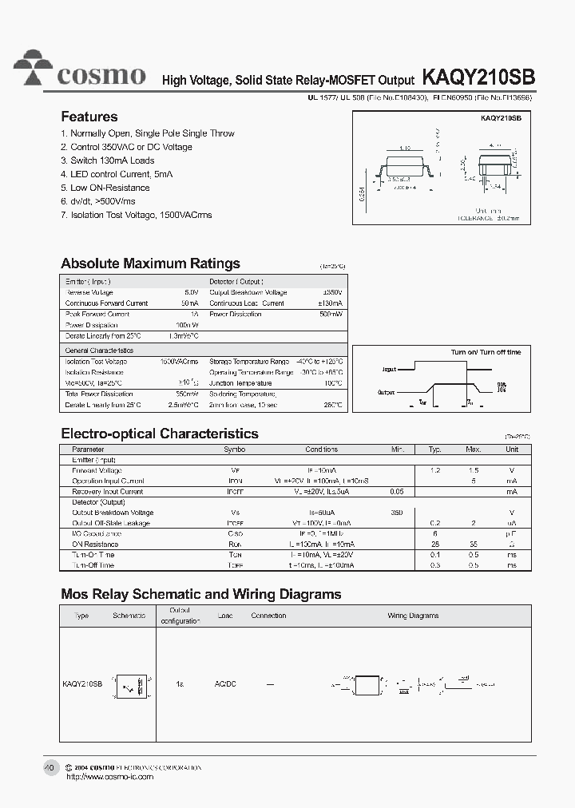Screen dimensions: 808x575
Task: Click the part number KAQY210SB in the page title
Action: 478,77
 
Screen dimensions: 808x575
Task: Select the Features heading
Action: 89,117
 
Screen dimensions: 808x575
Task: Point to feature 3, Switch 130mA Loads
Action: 108,160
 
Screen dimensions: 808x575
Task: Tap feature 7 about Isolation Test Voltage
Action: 137,215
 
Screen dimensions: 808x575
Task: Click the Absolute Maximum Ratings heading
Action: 150,263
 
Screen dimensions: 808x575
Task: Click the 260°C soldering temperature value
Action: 333,405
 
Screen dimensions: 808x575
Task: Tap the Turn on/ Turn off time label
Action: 485,352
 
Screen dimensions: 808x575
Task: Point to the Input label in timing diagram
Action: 389,370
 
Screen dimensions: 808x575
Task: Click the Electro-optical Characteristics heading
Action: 160,434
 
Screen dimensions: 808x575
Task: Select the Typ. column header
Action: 434,450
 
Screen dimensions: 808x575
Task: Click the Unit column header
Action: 511,450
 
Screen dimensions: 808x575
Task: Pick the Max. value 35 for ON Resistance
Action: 474,545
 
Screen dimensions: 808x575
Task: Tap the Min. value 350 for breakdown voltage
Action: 397,513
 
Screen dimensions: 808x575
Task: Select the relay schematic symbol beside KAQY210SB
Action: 129,684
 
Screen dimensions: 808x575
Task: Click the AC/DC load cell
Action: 225,684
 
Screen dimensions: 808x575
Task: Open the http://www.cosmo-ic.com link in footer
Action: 109,776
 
